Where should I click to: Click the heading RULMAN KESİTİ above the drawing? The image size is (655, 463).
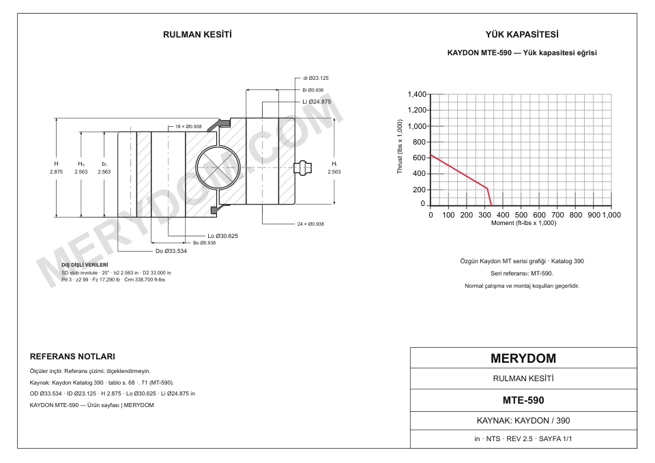pos(197,35)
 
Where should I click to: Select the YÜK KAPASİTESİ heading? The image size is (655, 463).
pos(522,35)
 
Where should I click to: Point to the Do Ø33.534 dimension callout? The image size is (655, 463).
pos(171,251)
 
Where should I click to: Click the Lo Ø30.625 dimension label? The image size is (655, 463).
pos(222,236)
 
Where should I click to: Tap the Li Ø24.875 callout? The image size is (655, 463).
pos(317,102)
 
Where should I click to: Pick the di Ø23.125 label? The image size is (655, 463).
pos(316,78)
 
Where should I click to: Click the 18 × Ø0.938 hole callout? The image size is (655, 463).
pos(188,127)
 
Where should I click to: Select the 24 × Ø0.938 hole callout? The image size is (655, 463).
pos(310,224)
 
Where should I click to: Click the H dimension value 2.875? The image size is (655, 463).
pos(56,172)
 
